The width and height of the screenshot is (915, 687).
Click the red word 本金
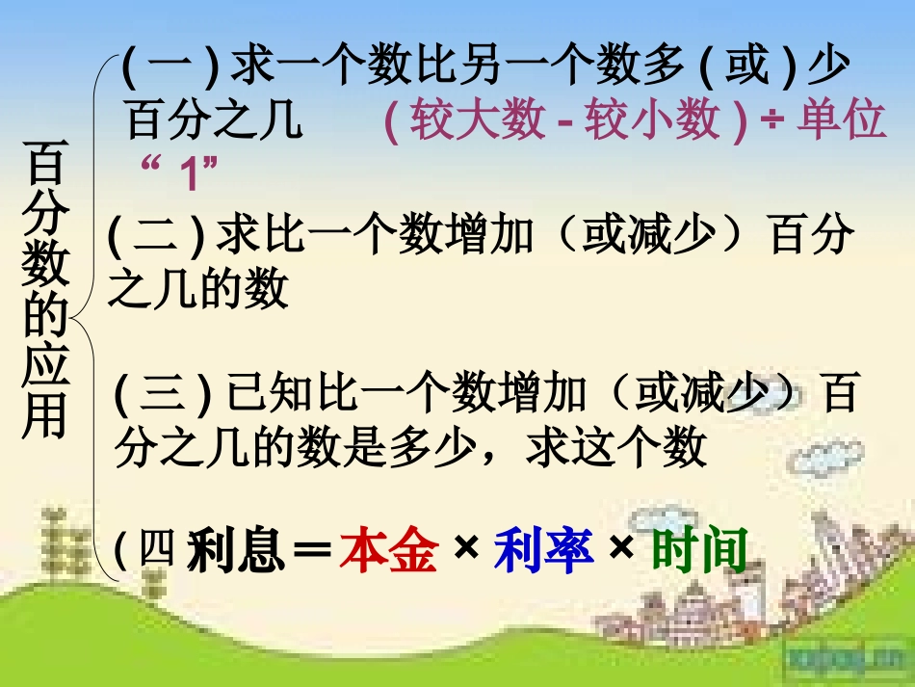(389, 552)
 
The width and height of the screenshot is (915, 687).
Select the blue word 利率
(543, 552)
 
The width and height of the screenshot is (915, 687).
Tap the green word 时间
(699, 552)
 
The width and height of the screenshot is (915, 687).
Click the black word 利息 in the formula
(235, 552)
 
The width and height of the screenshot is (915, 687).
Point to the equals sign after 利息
(310, 552)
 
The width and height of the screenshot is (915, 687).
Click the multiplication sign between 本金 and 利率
(466, 550)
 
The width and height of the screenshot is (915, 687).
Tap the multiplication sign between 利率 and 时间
(621, 550)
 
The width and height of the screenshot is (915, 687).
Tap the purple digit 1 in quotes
(188, 174)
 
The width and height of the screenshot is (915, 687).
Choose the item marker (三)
(163, 396)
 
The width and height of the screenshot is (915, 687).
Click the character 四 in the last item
(158, 551)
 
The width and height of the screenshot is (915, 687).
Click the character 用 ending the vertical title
(44, 415)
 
